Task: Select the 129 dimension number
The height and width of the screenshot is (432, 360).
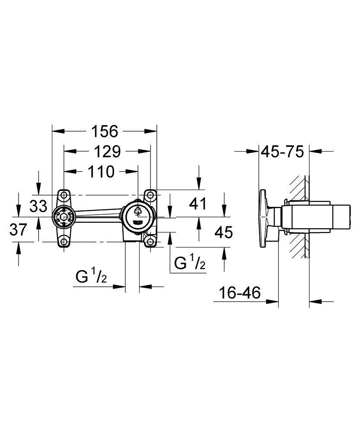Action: [x=107, y=151]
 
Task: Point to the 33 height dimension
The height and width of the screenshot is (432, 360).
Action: [x=38, y=206]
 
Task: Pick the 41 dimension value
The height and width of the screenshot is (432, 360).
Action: [x=198, y=203]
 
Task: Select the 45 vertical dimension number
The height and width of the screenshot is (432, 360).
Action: [x=223, y=232]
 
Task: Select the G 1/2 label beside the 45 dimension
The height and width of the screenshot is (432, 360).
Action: [x=189, y=263]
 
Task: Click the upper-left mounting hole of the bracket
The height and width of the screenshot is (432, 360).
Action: [x=64, y=195]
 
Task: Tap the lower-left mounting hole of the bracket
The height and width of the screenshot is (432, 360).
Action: [x=64, y=241]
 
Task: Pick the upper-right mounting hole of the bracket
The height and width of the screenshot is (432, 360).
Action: [x=150, y=195]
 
